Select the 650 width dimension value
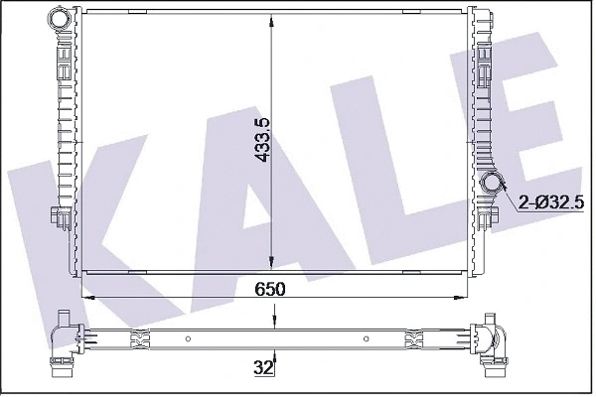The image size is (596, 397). (x=270, y=289)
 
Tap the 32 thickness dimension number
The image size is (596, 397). (x=263, y=368)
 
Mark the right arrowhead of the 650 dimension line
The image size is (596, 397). (x=461, y=296)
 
